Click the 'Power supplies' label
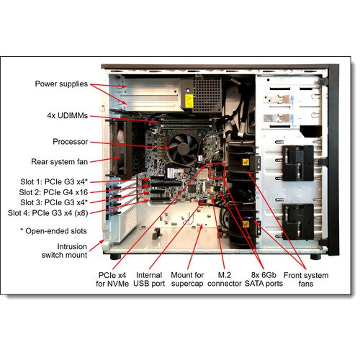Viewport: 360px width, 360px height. [61, 84]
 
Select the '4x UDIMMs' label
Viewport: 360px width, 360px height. [68, 116]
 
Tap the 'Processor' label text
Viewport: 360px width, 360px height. [71, 142]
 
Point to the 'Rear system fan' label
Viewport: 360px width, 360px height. [60, 162]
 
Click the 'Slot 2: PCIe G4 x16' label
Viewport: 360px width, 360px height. [53, 192]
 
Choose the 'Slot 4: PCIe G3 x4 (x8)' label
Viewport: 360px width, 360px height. [48, 213]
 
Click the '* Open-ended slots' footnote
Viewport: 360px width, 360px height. [53, 231]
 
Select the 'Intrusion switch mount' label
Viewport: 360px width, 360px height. [64, 251]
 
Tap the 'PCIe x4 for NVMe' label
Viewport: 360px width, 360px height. [112, 279]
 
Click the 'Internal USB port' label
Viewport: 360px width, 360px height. [149, 279]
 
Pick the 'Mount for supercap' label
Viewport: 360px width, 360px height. [187, 279]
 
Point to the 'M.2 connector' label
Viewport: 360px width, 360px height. [225, 279]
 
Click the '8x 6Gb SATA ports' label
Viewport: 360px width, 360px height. [264, 279]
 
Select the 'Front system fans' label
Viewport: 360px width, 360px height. [306, 279]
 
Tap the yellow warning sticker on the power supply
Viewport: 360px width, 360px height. [189, 101]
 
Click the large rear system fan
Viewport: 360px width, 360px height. [121, 148]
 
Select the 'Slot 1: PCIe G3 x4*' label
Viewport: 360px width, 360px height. [54, 182]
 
